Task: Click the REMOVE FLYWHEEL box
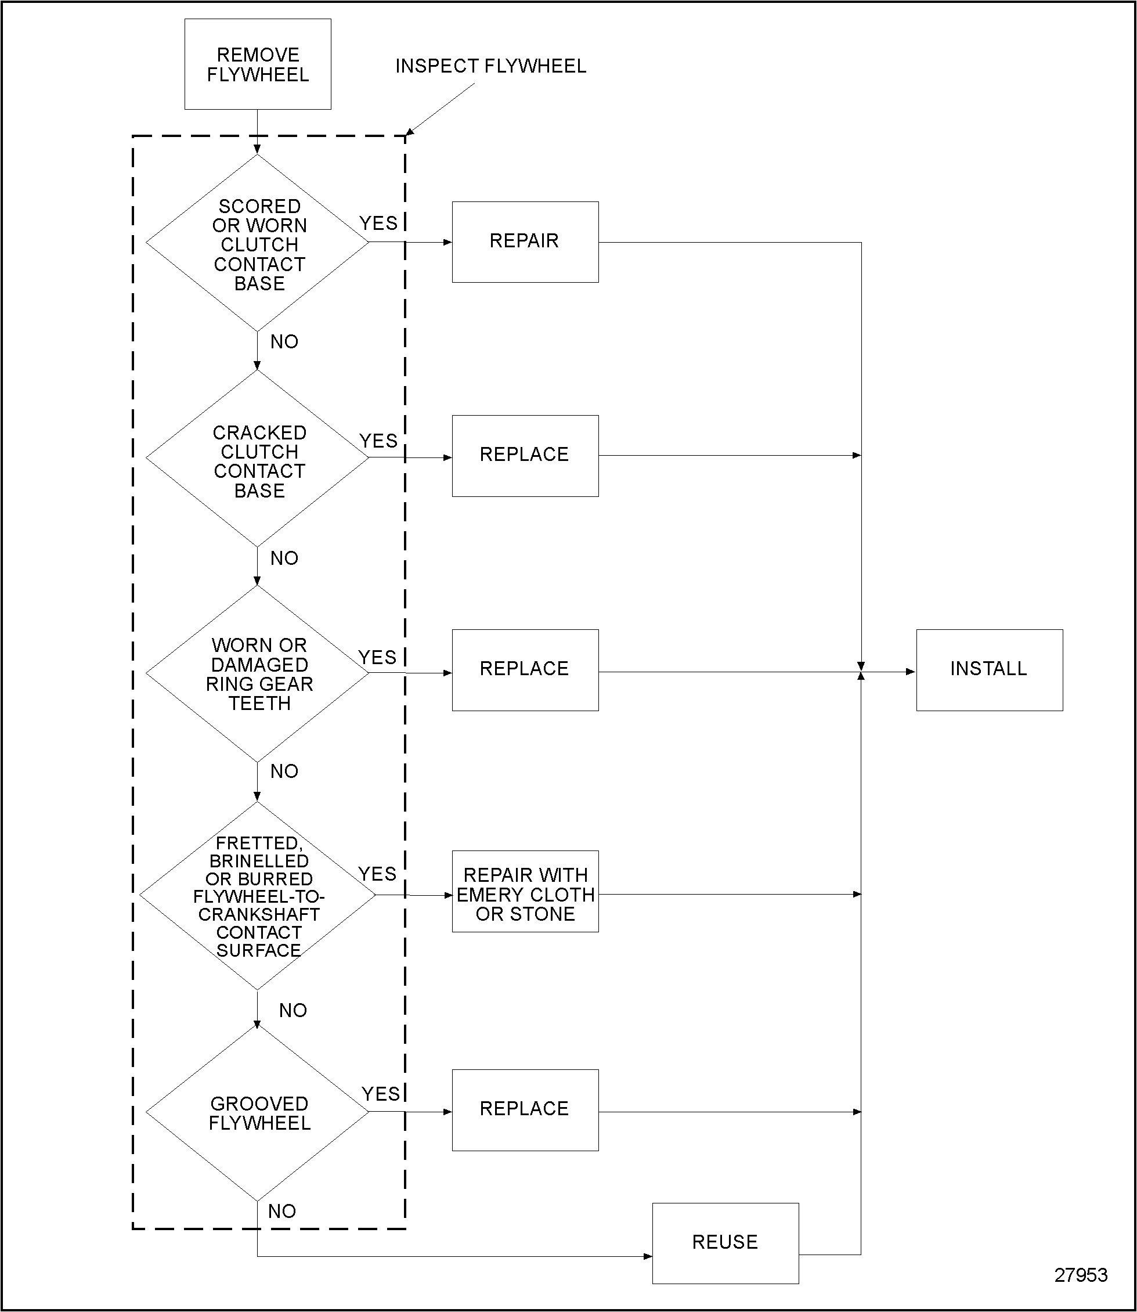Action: click(258, 64)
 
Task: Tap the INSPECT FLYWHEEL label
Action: click(490, 66)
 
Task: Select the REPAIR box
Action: click(525, 242)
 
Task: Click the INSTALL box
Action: click(988, 670)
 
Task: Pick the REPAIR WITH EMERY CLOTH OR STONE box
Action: click(525, 895)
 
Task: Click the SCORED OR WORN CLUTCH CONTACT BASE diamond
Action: click(258, 244)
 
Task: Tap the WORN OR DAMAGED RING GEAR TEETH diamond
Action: click(258, 674)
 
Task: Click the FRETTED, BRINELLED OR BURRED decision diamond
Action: click(258, 896)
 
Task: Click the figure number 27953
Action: click(1081, 1275)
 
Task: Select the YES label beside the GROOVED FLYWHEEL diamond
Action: click(381, 1094)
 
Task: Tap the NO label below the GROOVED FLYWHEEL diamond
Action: click(281, 1211)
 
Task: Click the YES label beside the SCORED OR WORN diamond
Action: click(378, 224)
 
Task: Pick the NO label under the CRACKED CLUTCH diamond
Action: click(284, 558)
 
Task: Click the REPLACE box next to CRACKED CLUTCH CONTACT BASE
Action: click(525, 456)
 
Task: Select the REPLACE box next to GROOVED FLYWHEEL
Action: click(525, 1110)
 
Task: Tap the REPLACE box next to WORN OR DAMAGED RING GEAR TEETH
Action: click(525, 670)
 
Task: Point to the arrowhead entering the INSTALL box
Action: click(911, 672)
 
